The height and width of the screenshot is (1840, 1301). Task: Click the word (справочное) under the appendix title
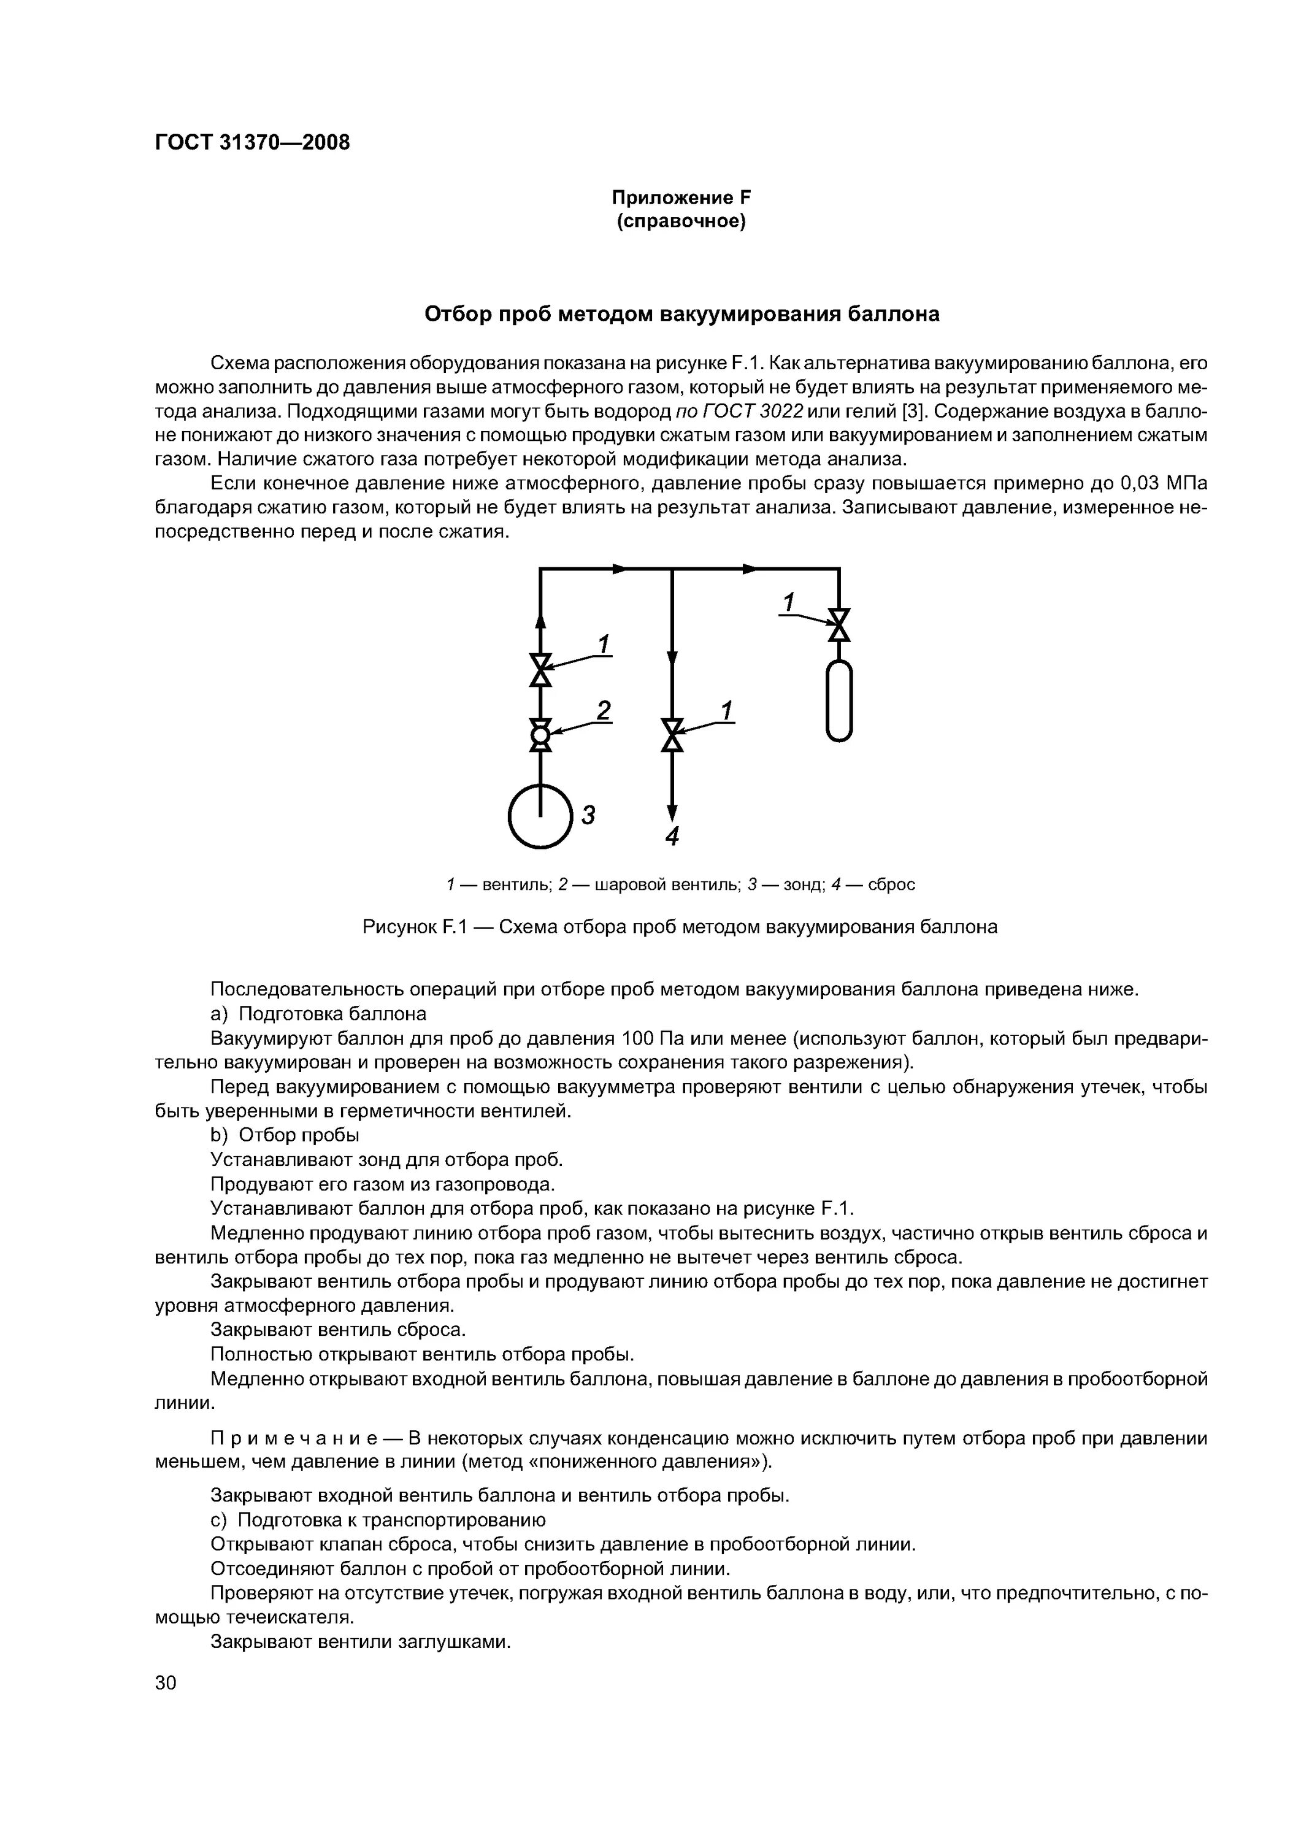[x=681, y=222]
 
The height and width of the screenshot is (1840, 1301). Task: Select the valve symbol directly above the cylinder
[x=839, y=625]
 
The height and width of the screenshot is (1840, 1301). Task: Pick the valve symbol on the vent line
[x=672, y=735]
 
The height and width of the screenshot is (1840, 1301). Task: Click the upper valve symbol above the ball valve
[x=541, y=670]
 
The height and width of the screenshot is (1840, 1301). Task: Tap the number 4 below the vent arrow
[x=672, y=837]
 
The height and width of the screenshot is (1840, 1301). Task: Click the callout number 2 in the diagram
[x=604, y=711]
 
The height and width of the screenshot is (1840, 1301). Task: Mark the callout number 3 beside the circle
[x=588, y=815]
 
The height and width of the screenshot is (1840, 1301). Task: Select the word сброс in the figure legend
[x=891, y=885]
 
